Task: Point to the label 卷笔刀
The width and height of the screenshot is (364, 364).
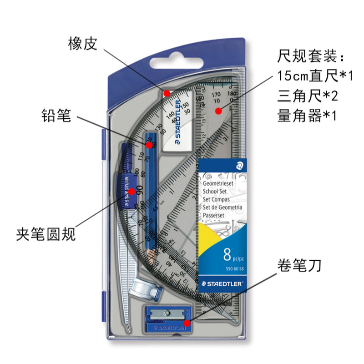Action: [x=299, y=265]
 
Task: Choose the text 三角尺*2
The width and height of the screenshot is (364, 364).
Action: [x=306, y=96]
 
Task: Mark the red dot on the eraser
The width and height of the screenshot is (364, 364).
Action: [x=167, y=93]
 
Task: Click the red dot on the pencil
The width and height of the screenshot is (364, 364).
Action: [x=148, y=145]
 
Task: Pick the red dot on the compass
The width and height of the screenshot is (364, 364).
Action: [x=131, y=192]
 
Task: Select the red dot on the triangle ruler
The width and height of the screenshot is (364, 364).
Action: [x=218, y=110]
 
